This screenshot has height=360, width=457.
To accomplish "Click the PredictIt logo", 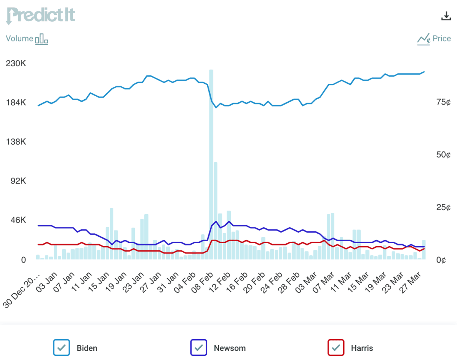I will point(40,16).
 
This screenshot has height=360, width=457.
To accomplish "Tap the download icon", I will point(446,16).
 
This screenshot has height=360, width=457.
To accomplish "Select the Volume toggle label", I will point(19,38).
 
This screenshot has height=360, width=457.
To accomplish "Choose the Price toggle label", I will point(441,38).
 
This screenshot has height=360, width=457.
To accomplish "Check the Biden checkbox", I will point(62,347).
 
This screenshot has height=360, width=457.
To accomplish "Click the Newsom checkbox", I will point(198,347).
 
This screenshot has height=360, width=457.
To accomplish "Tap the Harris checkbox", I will point(336,347).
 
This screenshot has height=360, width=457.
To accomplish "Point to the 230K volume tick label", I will point(16,64).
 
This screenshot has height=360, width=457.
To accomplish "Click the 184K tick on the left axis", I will point(16,103).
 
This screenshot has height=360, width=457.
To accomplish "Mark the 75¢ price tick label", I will point(444,102).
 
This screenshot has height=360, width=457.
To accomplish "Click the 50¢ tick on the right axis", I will point(444,155).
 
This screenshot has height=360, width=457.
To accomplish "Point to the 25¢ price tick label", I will point(444,208).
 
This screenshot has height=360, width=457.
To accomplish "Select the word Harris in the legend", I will point(362,348).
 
